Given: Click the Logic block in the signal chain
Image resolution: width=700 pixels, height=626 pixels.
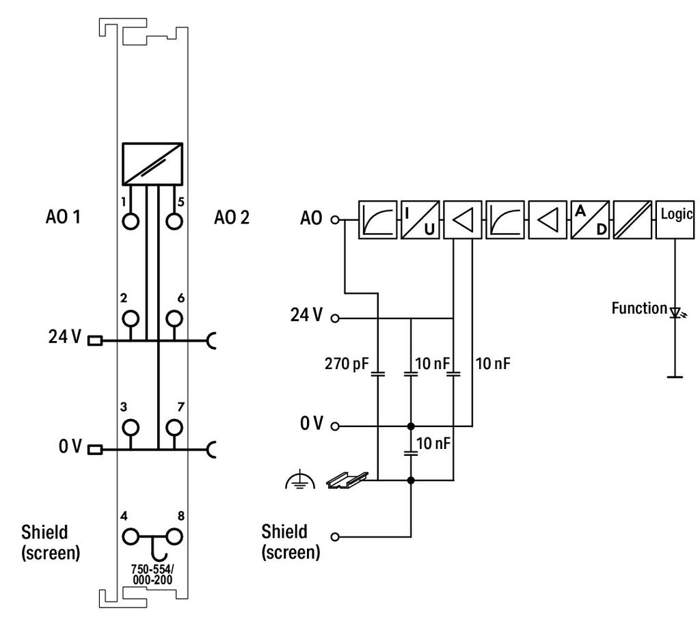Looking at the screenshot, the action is pos(675,219).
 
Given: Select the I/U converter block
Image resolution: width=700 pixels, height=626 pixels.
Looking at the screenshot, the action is pos(420,219).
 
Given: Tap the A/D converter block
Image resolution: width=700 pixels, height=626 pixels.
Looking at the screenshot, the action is pos(590,219).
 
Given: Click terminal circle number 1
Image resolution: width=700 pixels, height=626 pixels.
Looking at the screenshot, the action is pos(131,221).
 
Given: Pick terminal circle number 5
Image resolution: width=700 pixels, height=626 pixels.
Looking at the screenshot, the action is pos(174,221).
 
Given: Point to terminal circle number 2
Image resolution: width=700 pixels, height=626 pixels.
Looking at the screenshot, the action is pos(131,318).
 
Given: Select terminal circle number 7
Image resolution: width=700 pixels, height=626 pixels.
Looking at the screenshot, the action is pos(174,427).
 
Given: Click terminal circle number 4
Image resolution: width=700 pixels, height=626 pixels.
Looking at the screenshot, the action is pos(131,536).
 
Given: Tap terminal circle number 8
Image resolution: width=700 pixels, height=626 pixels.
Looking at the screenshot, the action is pos(174,536).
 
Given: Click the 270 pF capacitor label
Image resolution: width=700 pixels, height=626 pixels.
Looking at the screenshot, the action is pos(347,364).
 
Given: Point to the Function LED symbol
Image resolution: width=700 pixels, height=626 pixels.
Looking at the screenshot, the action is pos(675,312).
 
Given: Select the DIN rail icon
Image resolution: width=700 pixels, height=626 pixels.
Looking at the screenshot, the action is pos(347,480).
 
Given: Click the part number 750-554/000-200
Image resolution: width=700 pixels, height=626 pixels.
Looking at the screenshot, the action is pos(152,574).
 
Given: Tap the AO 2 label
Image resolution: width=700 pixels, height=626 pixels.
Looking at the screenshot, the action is pos(232,217).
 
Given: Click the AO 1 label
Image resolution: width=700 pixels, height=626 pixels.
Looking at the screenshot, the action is pos(63,217).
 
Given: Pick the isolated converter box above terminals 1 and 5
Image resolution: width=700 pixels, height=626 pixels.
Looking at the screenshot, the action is pos(152,164).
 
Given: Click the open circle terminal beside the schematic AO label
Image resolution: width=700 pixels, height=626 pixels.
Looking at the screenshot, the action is pos(335,219).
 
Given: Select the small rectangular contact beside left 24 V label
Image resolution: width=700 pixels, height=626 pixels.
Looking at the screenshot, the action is pos(95,341).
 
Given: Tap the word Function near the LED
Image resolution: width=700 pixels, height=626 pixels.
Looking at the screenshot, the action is pos(639,308).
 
